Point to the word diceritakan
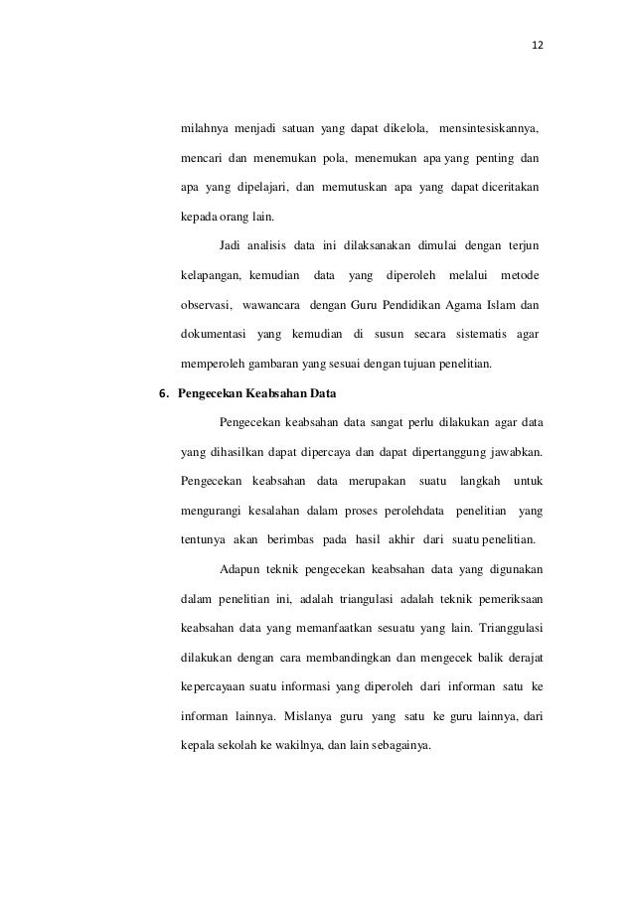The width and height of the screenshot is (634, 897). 509,188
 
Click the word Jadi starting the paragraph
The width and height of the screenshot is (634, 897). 230,244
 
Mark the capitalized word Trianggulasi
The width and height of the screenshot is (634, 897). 511,628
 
